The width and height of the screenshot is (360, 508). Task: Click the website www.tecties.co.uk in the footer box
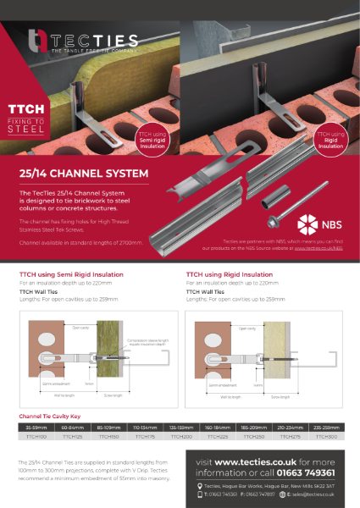tap(251, 461)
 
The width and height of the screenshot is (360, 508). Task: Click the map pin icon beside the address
tap(198, 483)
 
